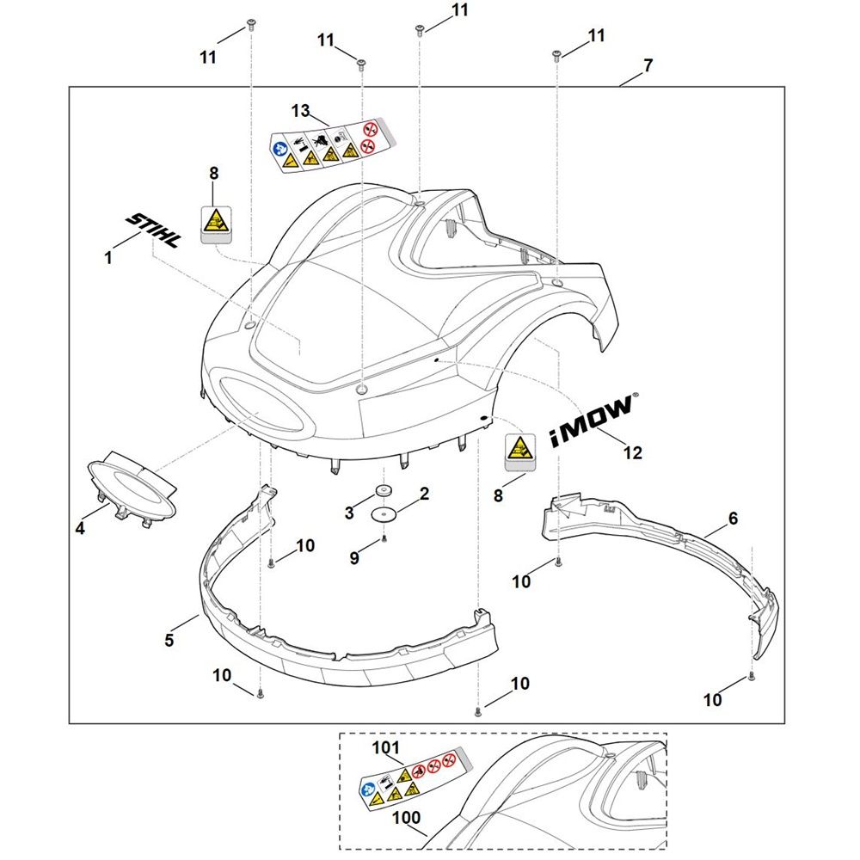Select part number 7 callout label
648,65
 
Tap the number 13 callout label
299,110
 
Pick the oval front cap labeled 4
132,488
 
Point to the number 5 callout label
169,640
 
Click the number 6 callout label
733,519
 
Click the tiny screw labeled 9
384,539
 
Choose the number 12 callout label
632,453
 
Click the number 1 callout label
108,256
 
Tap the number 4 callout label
80,530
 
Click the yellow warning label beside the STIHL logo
213,225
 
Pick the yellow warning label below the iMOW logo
518,452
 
